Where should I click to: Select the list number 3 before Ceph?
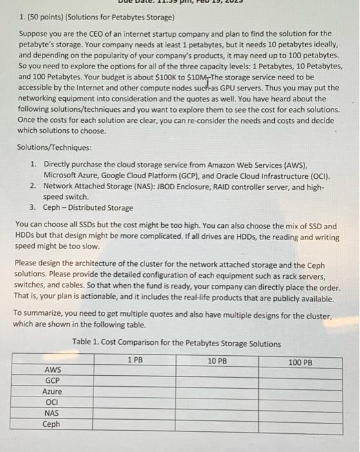32,207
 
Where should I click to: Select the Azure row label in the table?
52,391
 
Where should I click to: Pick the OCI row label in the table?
52,402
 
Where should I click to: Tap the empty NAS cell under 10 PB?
217,413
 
